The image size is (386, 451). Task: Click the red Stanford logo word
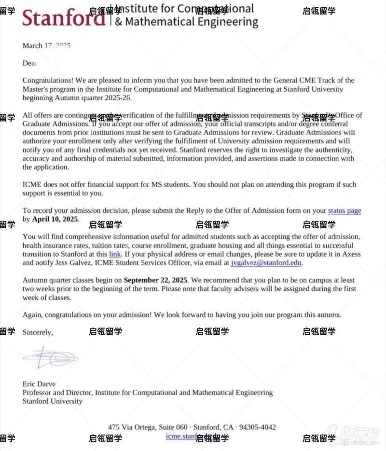pyautogui.click(x=63, y=18)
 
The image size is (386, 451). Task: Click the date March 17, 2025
pyautogui.click(x=46, y=46)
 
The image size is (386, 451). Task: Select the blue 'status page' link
pyautogui.click(x=345, y=211)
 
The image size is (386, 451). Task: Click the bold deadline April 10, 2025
pyautogui.click(x=55, y=219)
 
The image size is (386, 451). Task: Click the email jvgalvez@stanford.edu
pyautogui.click(x=266, y=263)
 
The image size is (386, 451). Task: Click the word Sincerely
pyautogui.click(x=38, y=332)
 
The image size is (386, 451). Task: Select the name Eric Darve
pyautogui.click(x=39, y=384)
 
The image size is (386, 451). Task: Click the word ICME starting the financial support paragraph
pyautogui.click(x=31, y=185)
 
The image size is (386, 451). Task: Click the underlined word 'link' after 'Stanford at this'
pyautogui.click(x=115, y=254)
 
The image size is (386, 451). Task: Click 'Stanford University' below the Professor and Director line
pyautogui.click(x=53, y=401)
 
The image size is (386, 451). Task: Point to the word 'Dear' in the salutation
pyautogui.click(x=29, y=63)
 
